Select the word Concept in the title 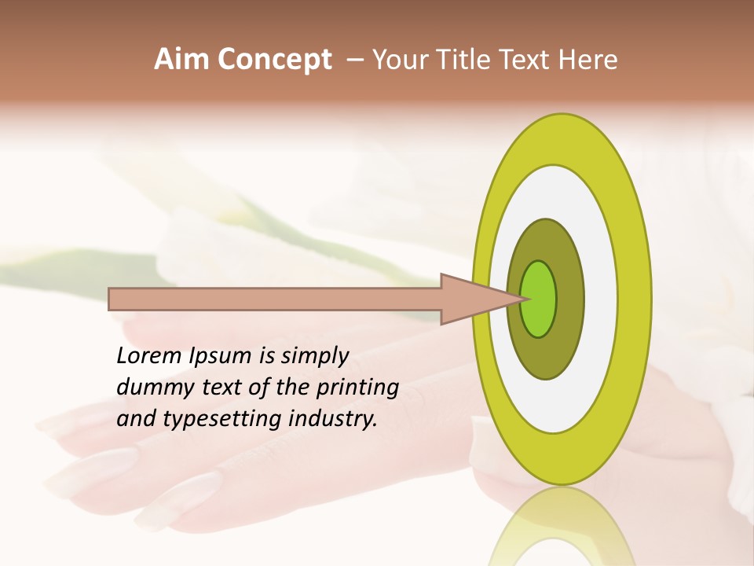(x=275, y=60)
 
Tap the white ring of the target (x=600, y=299)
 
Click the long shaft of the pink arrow (x=275, y=299)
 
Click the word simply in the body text (x=314, y=356)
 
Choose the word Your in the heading (x=398, y=60)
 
